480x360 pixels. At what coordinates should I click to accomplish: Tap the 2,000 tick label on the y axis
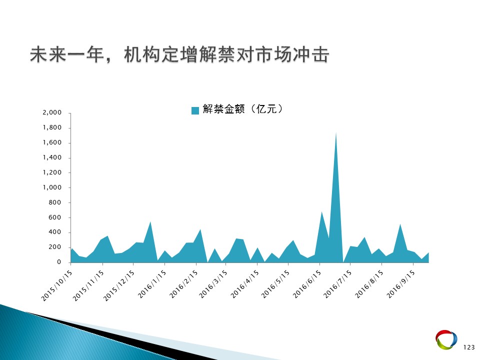52,112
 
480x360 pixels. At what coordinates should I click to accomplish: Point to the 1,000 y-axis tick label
52,187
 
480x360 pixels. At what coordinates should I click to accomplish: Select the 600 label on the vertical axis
55,217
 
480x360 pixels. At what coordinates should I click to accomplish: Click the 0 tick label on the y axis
59,262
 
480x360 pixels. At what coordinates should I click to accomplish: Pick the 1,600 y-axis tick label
52,142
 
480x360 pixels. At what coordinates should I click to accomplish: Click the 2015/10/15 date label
57,285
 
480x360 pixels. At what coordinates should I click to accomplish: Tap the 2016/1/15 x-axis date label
152,284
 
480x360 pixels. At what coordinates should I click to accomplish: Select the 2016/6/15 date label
307,284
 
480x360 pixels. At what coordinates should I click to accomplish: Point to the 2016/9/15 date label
400,284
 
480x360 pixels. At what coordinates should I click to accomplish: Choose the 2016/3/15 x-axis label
213,284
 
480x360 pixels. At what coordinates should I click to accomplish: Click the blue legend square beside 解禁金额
195,110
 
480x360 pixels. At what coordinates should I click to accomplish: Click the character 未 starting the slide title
39,55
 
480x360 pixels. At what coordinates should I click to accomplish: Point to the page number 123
468,347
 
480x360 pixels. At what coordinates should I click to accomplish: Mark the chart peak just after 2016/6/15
321,212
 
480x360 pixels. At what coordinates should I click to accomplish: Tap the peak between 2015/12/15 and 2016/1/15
150,222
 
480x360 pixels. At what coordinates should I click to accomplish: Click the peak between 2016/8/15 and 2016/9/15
400,224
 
